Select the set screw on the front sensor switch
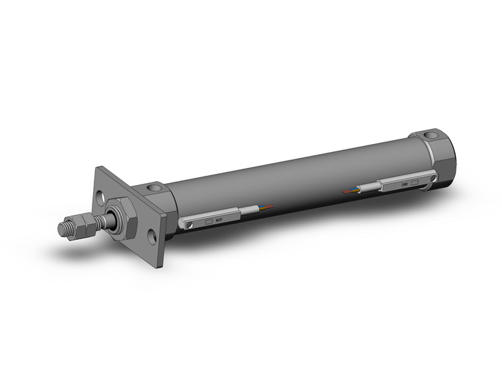(190, 225)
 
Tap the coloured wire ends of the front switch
(266, 206)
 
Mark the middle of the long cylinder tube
(291, 175)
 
